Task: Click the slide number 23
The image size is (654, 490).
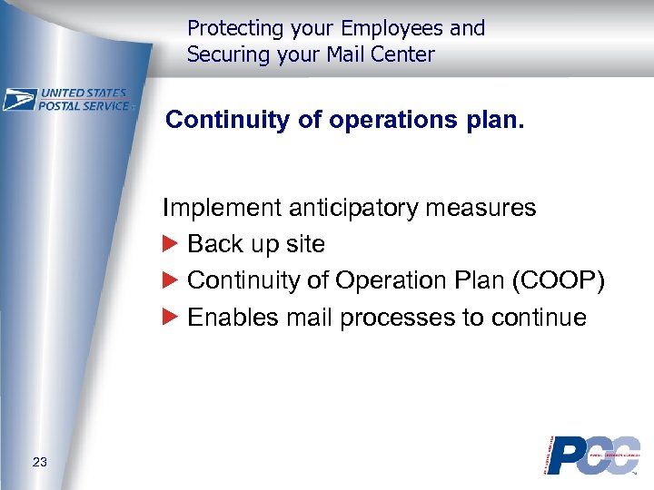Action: [x=39, y=464]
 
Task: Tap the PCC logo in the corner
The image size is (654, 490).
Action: [x=592, y=455]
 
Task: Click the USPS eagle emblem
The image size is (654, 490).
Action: [x=19, y=99]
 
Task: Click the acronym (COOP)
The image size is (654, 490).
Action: [x=558, y=280]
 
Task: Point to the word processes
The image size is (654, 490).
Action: [x=401, y=318]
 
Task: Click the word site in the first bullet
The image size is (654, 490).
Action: [x=306, y=244]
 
